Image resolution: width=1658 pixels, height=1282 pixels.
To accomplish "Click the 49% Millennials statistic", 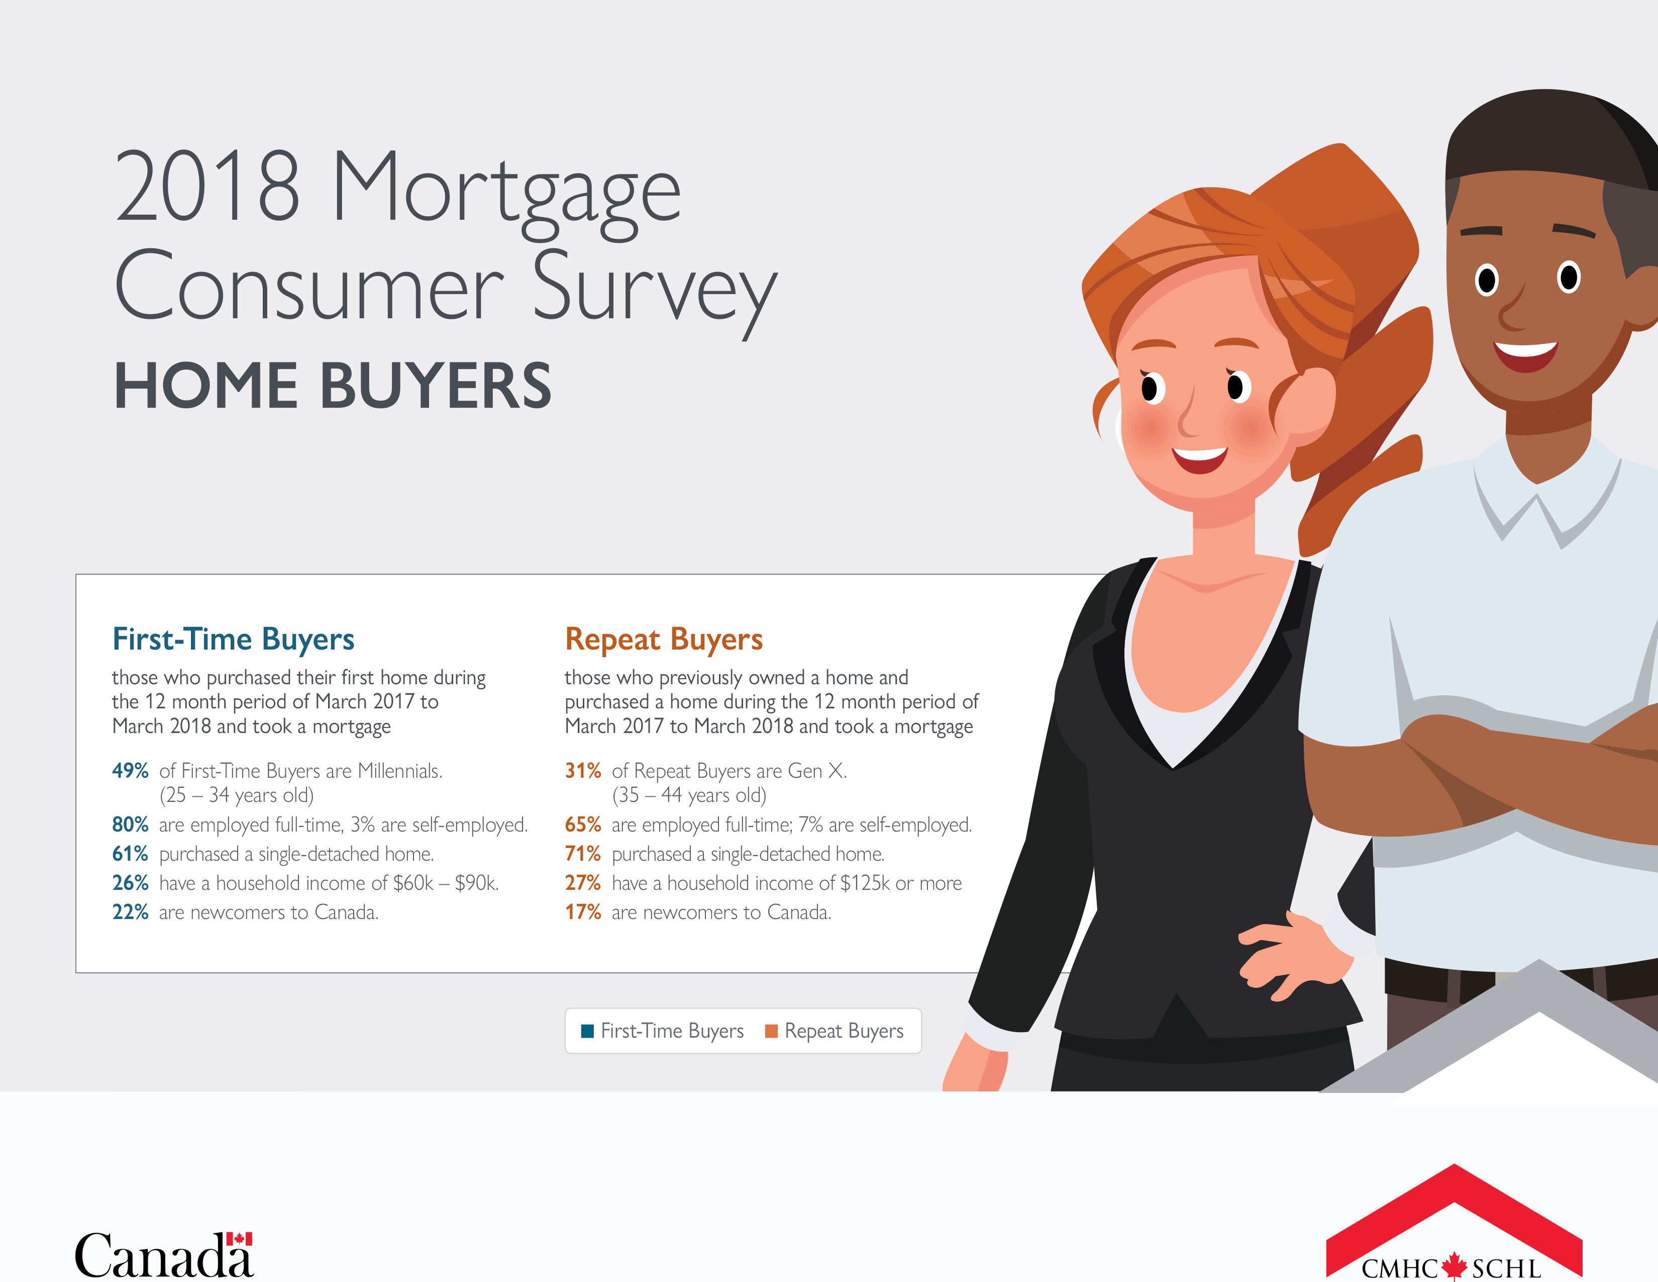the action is (130, 771).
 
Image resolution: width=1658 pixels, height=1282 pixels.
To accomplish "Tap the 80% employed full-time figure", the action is (130, 825).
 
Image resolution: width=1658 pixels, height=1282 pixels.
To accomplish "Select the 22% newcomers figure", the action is (130, 912).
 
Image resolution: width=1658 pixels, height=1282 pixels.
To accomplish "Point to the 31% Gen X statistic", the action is (582, 771).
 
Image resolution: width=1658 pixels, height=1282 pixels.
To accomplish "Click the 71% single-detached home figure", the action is (582, 854).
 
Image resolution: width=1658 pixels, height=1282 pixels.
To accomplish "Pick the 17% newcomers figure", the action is (582, 912).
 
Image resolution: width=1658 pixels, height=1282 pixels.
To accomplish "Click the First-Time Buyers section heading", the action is (233, 640).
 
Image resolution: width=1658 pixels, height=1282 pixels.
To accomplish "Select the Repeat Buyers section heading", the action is (664, 640).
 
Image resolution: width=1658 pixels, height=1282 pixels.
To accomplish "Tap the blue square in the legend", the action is (587, 1031).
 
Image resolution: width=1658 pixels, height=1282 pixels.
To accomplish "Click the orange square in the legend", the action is (771, 1031).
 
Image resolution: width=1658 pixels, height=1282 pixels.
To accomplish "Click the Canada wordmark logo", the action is (164, 1255).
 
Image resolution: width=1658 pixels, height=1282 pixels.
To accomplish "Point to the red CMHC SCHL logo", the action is (1454, 1222).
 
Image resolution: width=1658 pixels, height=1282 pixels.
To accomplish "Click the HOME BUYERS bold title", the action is (333, 386).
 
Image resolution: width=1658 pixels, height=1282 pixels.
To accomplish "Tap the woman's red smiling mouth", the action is (1199, 459).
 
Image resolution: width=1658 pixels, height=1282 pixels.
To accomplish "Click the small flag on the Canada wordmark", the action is (239, 1239).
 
